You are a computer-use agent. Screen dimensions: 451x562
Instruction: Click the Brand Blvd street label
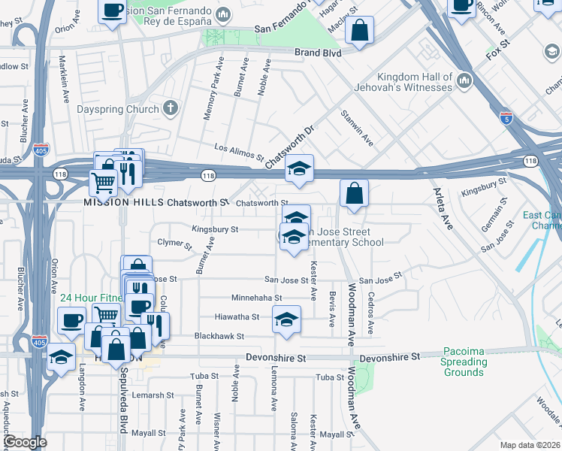[x=317, y=53]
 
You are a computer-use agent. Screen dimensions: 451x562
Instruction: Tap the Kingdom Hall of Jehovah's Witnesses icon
[x=464, y=80]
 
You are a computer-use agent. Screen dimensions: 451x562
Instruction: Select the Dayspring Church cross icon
[x=171, y=108]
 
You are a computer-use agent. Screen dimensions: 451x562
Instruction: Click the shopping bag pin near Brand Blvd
[x=361, y=32]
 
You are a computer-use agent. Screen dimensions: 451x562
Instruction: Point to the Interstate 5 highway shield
[x=507, y=118]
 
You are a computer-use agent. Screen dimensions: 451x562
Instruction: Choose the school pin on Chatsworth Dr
[x=299, y=170]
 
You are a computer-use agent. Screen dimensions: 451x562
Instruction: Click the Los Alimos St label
[x=239, y=153]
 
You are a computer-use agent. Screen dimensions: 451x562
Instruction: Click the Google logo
[x=25, y=441]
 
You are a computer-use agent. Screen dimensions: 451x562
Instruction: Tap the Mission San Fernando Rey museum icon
[x=222, y=14]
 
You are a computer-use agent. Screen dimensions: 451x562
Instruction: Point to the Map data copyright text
[x=530, y=445]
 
